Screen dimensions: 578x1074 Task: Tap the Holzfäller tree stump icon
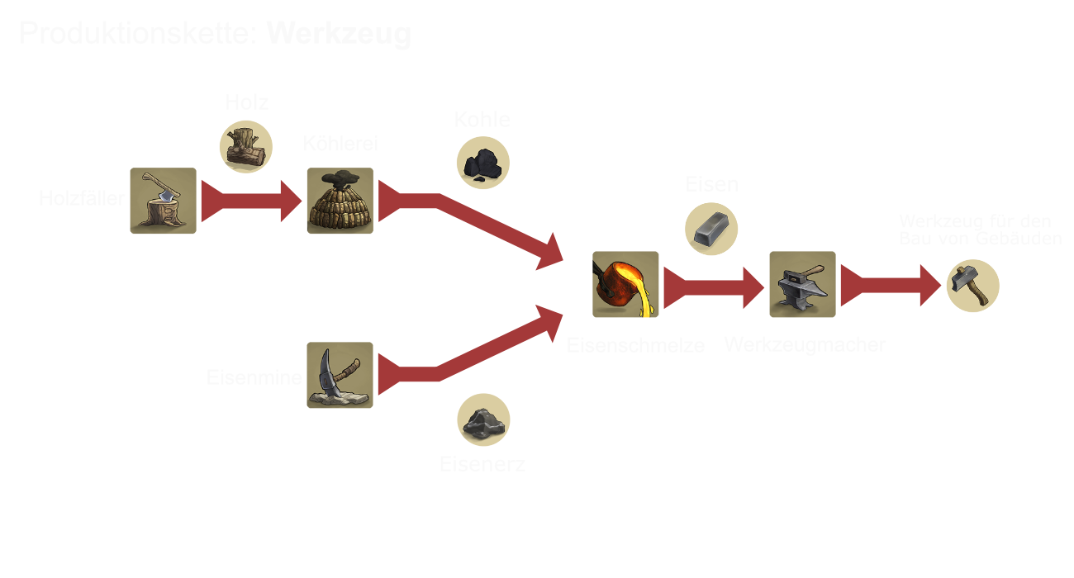[163, 201]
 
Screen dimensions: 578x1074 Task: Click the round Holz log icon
[245, 147]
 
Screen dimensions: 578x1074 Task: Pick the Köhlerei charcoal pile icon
[340, 201]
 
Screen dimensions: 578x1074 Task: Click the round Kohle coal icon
[482, 163]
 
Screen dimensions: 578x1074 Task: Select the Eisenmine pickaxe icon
[340, 375]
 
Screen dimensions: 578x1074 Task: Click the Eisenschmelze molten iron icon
[625, 284]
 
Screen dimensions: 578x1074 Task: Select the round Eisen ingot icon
[711, 227]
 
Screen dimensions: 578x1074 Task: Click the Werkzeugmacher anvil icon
[802, 284]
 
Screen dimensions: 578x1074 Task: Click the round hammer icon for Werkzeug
[972, 286]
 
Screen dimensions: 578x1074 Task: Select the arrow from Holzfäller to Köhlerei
[252, 201]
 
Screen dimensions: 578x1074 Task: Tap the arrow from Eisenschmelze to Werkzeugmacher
[715, 287]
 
